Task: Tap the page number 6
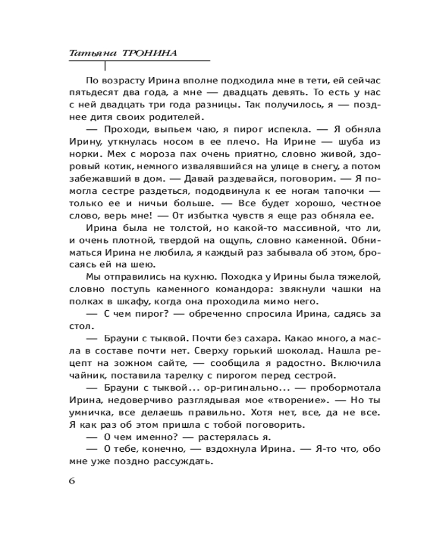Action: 72,480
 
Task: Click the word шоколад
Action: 302,350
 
